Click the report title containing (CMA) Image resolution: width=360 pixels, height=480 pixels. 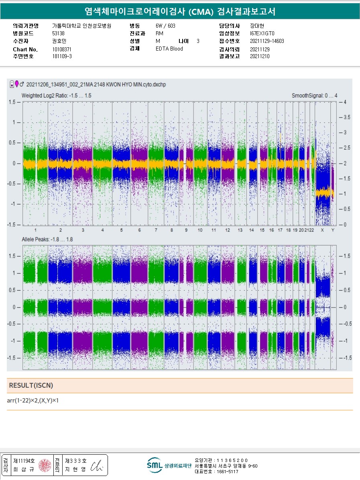180,11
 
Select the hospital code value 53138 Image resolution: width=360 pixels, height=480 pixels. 58,33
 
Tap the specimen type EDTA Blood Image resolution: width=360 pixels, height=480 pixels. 169,49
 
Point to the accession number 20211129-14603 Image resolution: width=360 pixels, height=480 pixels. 266,41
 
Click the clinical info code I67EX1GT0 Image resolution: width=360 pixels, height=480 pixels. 262,33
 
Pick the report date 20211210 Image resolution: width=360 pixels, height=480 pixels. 260,56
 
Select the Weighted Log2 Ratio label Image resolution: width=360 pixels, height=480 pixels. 57,95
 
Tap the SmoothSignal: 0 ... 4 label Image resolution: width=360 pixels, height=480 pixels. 315,95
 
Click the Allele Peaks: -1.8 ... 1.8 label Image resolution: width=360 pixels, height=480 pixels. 47,239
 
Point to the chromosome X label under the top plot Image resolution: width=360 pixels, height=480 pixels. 322,230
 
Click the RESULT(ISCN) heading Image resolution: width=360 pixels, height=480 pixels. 31,385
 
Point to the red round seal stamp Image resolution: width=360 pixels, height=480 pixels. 45,465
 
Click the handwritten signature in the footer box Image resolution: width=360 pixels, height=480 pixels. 97,465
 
